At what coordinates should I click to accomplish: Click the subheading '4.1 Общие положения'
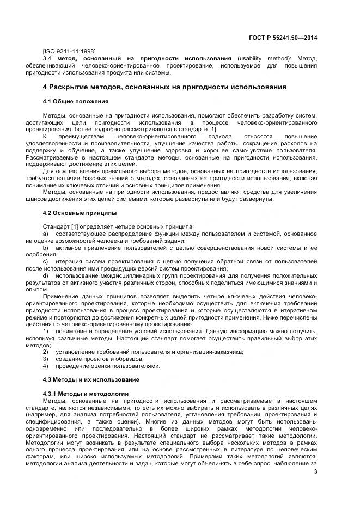pos(75,102)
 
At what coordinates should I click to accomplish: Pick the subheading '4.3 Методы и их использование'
pos(91,379)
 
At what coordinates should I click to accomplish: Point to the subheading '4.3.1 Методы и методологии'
pos(86,393)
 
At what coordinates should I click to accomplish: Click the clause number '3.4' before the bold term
pos(47,58)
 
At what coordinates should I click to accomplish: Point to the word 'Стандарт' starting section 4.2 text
pos(56,226)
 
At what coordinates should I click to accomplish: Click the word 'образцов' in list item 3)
pos(130,359)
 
